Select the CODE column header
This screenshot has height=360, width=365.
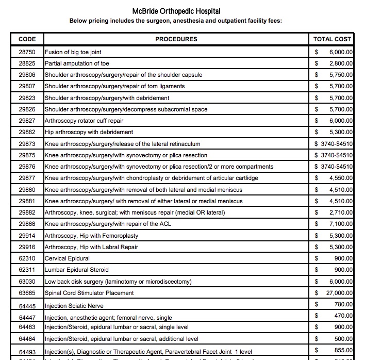(x=27, y=39)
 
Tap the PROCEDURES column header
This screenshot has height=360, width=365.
(x=176, y=39)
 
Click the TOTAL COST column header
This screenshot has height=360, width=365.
(x=332, y=39)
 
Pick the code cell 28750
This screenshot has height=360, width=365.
(x=27, y=52)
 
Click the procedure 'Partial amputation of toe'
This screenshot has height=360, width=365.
(x=77, y=63)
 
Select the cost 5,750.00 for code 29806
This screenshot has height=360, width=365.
(x=340, y=75)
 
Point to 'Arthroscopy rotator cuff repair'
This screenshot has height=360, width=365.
(x=84, y=121)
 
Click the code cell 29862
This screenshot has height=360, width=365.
(x=27, y=132)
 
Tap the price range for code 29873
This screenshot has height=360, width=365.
(x=333, y=143)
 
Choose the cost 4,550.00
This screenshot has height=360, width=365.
(x=340, y=178)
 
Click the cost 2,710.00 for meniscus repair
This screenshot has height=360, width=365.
(x=340, y=212)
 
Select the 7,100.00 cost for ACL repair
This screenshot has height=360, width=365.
(x=340, y=224)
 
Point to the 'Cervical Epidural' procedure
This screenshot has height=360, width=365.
(x=67, y=258)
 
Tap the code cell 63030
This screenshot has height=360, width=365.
(x=27, y=282)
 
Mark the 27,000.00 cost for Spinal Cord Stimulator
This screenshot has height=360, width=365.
(x=338, y=293)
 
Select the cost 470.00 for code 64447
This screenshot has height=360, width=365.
(x=342, y=316)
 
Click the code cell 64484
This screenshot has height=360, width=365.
(x=27, y=339)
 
